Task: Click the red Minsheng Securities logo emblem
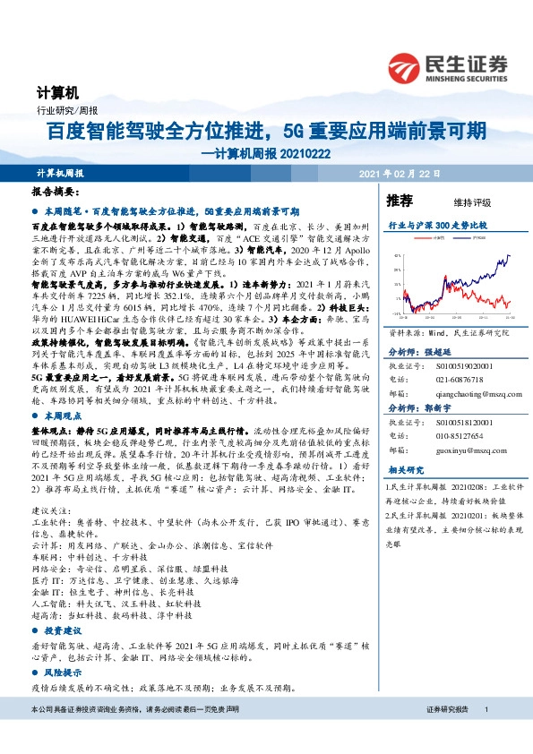[x=404, y=65]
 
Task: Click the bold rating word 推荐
[x=399, y=201]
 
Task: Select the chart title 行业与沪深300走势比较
[x=435, y=225]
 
